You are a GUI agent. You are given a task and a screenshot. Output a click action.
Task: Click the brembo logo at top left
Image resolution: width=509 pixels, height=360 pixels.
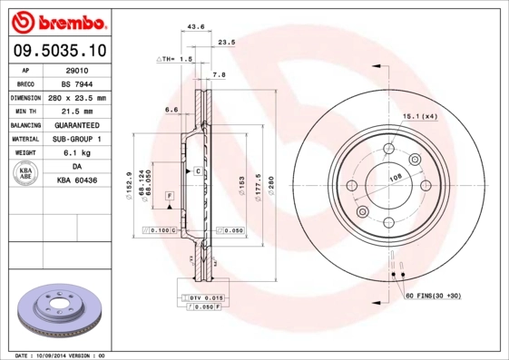click(58, 19)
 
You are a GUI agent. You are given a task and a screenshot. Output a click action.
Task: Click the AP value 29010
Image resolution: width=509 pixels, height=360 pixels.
click(76, 69)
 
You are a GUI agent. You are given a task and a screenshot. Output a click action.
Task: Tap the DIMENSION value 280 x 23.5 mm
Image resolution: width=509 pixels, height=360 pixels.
click(76, 97)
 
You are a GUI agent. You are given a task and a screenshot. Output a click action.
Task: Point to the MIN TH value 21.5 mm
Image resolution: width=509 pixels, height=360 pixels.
click(76, 111)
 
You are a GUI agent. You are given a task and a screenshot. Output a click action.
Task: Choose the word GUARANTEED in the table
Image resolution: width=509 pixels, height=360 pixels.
click(76, 125)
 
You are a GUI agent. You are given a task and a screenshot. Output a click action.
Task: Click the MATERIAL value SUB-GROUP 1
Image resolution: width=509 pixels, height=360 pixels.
click(76, 139)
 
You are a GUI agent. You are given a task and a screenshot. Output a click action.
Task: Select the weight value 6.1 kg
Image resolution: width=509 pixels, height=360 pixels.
click(76, 153)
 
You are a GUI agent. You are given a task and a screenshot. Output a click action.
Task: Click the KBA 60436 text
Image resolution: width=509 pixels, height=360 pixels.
click(76, 181)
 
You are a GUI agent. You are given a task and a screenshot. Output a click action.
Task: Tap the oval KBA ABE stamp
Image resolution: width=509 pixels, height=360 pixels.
click(26, 174)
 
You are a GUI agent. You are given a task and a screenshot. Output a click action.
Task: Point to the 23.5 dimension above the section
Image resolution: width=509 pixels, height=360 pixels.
click(228, 42)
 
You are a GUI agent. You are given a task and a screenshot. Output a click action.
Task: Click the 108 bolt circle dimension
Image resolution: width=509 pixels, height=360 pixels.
click(396, 178)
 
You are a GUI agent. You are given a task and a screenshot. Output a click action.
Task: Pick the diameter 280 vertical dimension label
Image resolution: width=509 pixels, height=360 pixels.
click(270, 186)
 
